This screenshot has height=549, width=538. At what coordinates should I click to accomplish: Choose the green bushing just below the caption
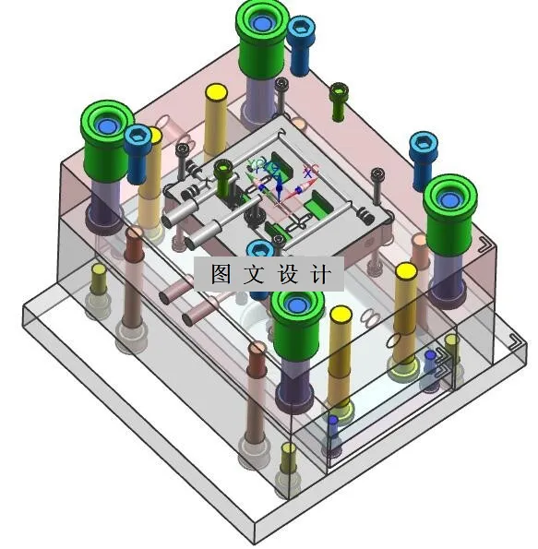pyautogui.click(x=297, y=312)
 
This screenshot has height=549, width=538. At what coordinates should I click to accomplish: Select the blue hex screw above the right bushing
pyautogui.click(x=423, y=145)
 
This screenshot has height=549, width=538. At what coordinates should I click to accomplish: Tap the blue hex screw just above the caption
pyautogui.click(x=260, y=250)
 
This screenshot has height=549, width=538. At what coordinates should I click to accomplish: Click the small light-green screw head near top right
pyautogui.click(x=339, y=90)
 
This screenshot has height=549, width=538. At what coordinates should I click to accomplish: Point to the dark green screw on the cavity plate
pyautogui.click(x=223, y=169)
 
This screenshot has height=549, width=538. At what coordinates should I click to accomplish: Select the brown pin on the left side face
pyautogui.click(x=135, y=235)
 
